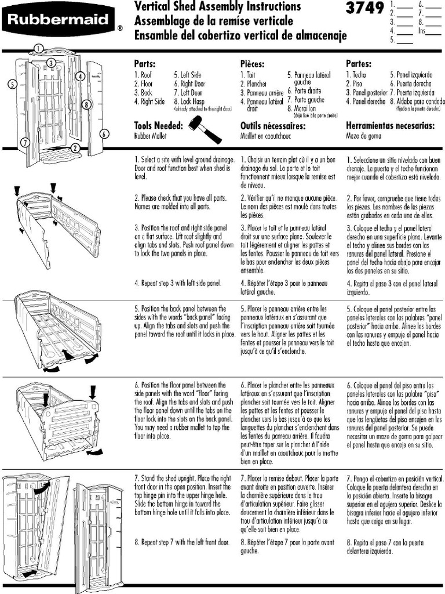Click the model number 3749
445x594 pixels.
[364, 8]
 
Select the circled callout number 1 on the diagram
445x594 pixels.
[38, 48]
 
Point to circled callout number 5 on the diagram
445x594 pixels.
[12, 84]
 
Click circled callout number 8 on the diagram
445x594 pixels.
[86, 104]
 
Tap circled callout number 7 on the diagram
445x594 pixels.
[25, 142]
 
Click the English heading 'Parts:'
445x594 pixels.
[144, 63]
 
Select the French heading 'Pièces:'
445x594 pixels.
[253, 63]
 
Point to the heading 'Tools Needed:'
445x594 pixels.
[158, 125]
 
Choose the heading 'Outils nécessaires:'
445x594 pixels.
[272, 125]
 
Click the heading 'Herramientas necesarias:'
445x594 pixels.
[390, 125]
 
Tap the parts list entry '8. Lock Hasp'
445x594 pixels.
[189, 101]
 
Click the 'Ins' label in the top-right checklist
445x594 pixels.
[421, 30]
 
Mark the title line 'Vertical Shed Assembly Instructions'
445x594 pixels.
[217, 7]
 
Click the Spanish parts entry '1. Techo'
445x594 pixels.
[356, 75]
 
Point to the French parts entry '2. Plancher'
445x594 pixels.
[254, 84]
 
